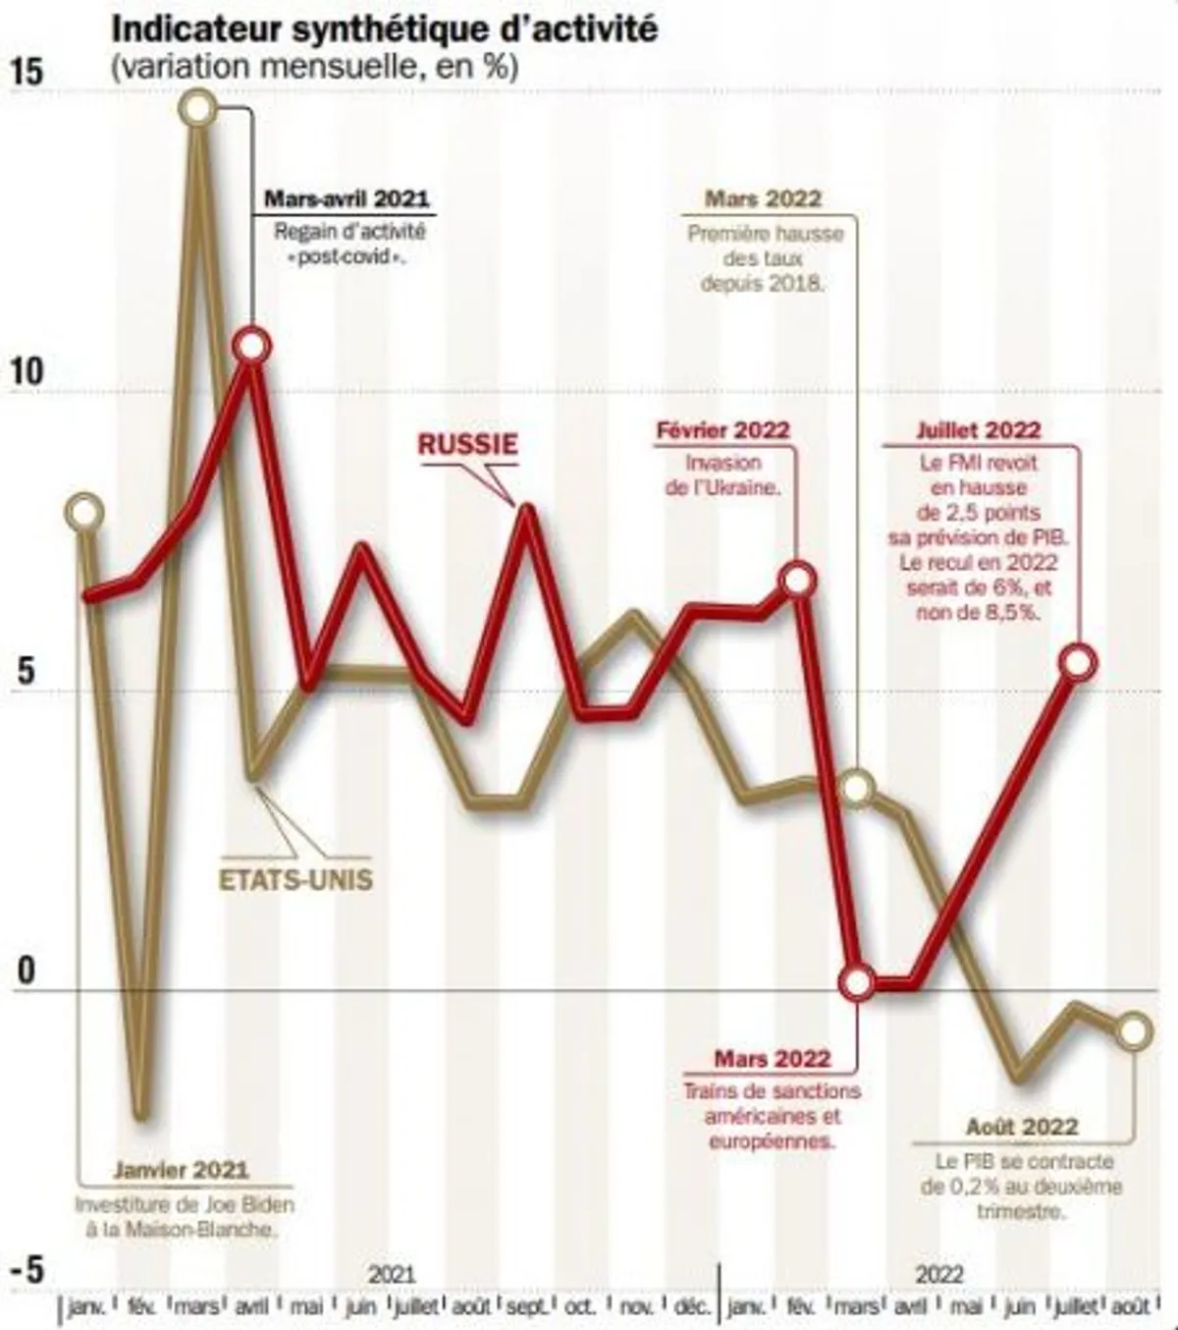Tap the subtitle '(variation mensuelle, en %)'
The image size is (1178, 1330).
(x=315, y=67)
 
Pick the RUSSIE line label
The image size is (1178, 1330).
(x=467, y=444)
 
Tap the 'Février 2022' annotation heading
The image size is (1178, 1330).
(x=723, y=430)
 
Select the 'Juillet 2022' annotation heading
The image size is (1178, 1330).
(x=978, y=430)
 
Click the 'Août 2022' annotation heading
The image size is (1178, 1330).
(x=1021, y=1127)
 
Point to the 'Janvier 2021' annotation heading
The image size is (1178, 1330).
(x=181, y=1170)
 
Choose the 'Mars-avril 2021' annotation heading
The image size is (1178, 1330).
(x=347, y=198)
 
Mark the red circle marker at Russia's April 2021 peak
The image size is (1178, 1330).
(x=252, y=346)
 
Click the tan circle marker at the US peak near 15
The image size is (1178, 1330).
(x=198, y=108)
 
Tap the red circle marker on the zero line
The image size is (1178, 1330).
(x=858, y=981)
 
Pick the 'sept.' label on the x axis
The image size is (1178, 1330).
(x=526, y=1307)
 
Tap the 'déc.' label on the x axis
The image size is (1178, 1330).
(x=691, y=1307)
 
